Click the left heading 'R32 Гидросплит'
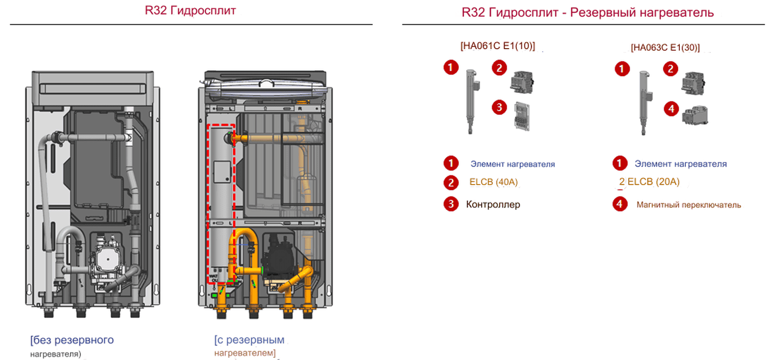tap(190, 11)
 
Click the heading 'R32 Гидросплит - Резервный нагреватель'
tap(588, 12)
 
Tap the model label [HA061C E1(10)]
tap(497, 46)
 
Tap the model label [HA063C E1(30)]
tap(665, 47)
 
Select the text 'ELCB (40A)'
tap(493, 182)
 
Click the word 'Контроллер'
tap(493, 205)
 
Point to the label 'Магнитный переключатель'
tap(689, 205)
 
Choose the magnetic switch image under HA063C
tap(695, 116)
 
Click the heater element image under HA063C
tap(643, 103)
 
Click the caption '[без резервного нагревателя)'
tap(71, 346)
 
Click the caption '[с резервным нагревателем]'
tap(249, 346)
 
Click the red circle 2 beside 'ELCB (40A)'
tap(451, 182)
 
